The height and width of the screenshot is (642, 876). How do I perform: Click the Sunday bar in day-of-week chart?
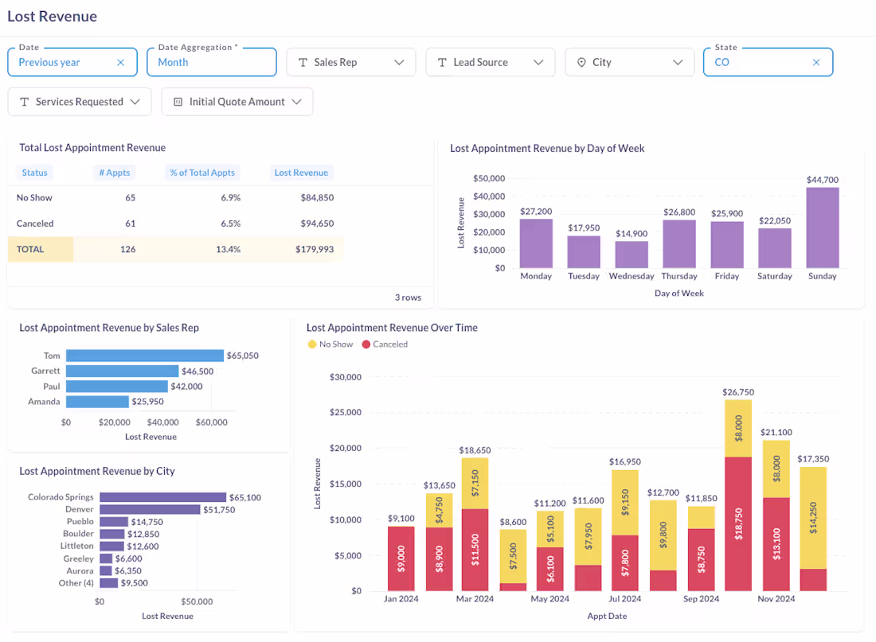(822, 228)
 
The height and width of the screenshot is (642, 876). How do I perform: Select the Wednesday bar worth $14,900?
(631, 255)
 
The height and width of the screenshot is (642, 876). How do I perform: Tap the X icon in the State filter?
(815, 62)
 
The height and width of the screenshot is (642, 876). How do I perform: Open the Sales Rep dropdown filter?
(350, 62)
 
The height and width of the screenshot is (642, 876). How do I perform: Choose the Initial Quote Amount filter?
(237, 102)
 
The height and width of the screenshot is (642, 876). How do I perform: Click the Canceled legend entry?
(385, 344)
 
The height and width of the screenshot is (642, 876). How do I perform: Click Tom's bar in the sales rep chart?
(144, 356)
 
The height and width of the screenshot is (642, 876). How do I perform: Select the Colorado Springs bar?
(162, 497)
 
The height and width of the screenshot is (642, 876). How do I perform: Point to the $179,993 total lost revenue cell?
(315, 249)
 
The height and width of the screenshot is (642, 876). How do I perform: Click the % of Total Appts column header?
(201, 173)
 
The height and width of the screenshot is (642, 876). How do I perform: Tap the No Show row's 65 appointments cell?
(131, 197)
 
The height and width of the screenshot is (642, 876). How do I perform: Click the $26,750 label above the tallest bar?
(738, 392)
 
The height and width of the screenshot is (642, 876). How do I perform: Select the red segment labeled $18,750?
(738, 523)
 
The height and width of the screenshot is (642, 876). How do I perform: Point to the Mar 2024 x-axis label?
(475, 598)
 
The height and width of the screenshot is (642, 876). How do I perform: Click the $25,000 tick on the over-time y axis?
(346, 413)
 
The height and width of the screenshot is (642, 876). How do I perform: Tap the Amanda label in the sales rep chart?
(44, 402)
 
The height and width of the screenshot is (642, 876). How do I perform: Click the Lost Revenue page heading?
(52, 16)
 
